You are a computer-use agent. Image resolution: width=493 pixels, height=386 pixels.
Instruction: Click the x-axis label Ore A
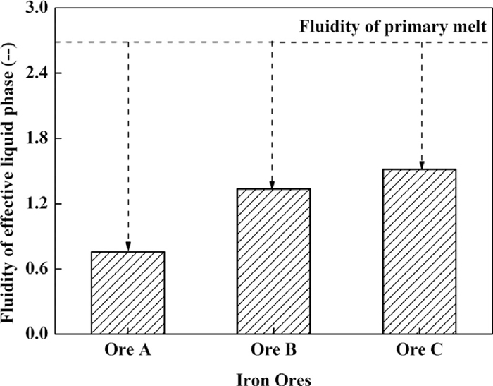tap(127, 349)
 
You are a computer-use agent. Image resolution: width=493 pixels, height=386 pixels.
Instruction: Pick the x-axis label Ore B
tap(272, 349)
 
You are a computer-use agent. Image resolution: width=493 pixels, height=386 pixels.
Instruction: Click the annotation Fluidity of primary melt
tap(392, 28)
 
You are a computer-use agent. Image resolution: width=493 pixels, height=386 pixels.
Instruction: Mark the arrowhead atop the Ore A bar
tap(127, 248)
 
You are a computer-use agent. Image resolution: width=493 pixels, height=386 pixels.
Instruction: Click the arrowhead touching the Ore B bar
tap(272, 185)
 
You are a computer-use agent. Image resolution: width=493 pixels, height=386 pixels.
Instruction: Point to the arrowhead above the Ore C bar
tap(421, 165)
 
